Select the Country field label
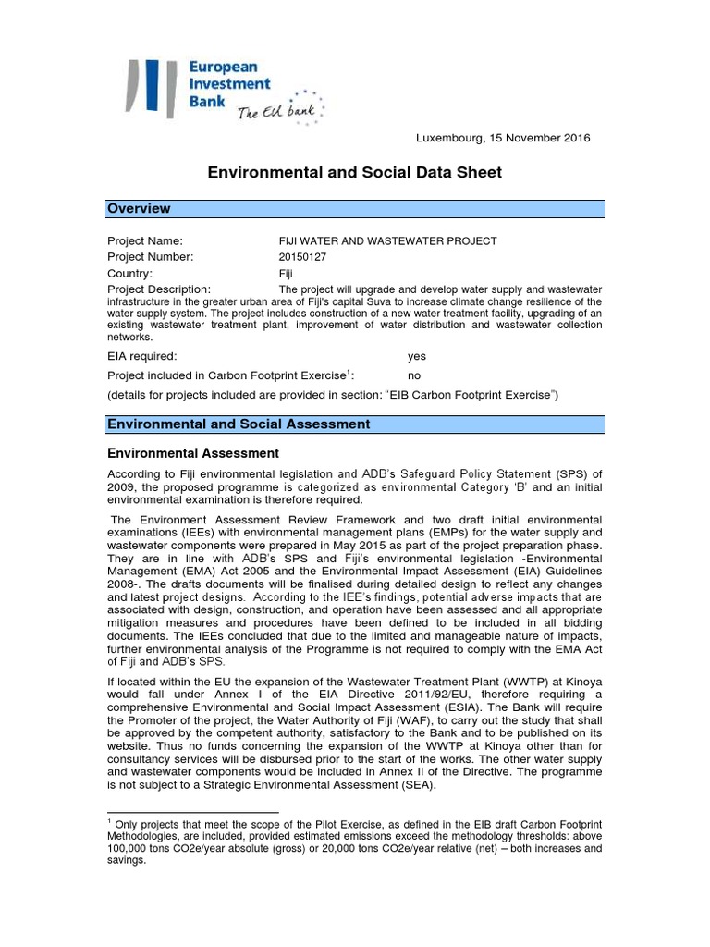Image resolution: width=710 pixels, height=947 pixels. [130, 274]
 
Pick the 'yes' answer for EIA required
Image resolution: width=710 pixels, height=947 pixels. [417, 355]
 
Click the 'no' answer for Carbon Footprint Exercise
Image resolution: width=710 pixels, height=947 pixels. [414, 375]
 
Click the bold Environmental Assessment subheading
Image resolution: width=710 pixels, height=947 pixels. [193, 453]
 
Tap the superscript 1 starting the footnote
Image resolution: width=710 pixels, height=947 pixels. [110, 820]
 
